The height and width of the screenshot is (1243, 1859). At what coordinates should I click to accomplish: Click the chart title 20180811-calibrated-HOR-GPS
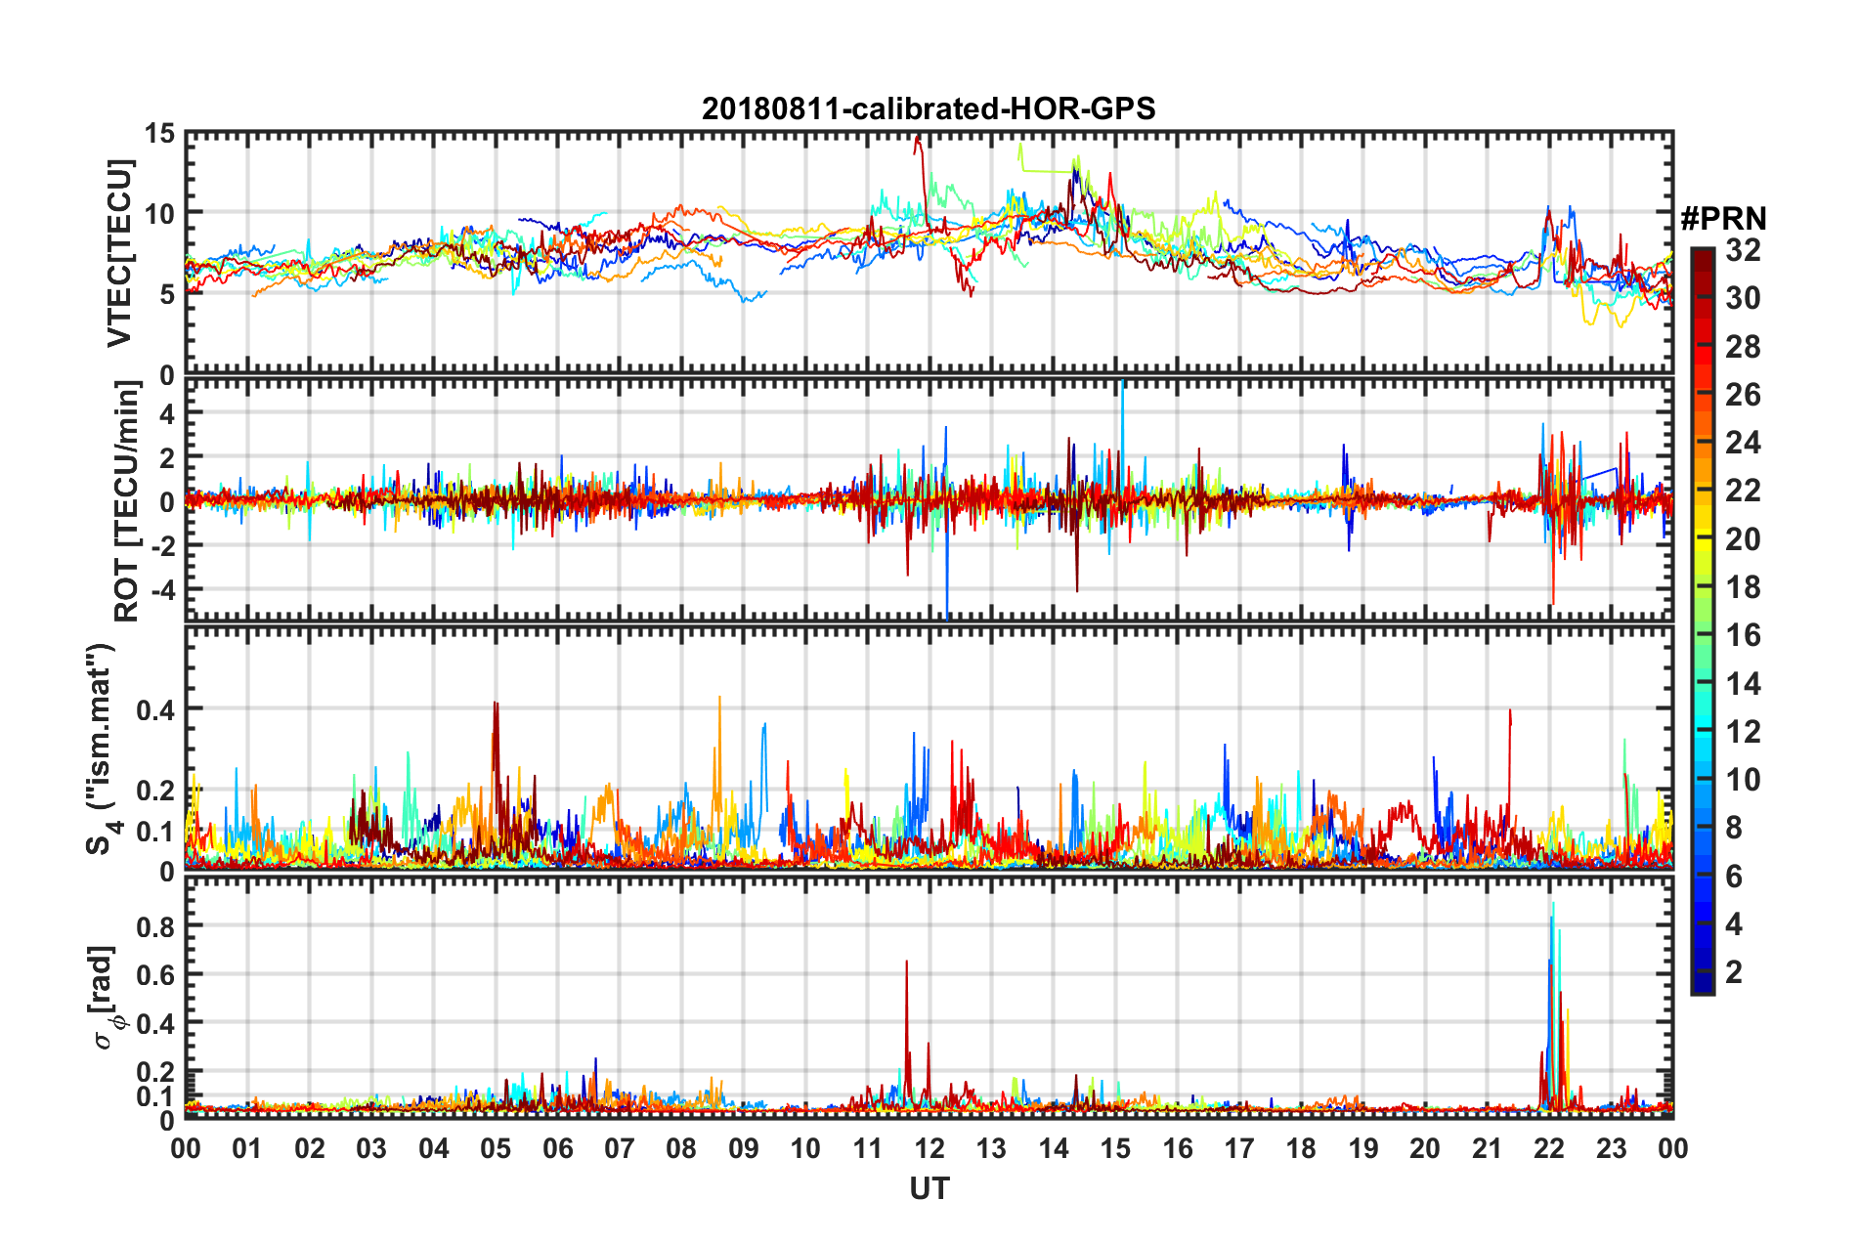tap(929, 108)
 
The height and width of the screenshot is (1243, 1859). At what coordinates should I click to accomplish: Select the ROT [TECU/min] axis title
tap(127, 501)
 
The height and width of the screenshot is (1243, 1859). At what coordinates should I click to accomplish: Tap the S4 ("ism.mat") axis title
tap(101, 749)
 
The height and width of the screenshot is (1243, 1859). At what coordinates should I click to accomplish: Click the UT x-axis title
tap(929, 1188)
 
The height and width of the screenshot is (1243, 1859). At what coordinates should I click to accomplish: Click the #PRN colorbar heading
tap(1723, 219)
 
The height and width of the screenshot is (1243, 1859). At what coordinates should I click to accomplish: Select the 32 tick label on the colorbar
tap(1743, 250)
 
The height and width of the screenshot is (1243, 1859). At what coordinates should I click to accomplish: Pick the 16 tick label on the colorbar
tap(1743, 635)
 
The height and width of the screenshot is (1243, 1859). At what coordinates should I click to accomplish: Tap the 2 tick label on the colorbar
tap(1734, 971)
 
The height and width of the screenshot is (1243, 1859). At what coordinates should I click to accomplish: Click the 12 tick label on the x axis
tap(929, 1148)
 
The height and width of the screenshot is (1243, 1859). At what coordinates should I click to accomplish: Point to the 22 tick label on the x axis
tap(1549, 1148)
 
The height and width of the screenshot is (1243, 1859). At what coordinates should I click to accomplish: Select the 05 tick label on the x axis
tap(496, 1148)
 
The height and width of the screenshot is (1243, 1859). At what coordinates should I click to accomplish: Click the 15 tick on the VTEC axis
tap(160, 133)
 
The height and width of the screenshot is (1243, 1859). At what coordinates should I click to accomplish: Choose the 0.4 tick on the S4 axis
tap(155, 709)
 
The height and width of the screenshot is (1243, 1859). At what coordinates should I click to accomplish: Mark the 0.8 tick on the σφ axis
tap(155, 925)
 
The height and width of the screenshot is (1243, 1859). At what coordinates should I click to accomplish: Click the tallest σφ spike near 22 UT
tap(1553, 904)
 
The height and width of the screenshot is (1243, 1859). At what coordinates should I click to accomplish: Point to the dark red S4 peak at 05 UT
tap(496, 703)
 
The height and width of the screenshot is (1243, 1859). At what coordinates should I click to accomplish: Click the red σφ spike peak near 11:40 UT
tap(906, 962)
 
